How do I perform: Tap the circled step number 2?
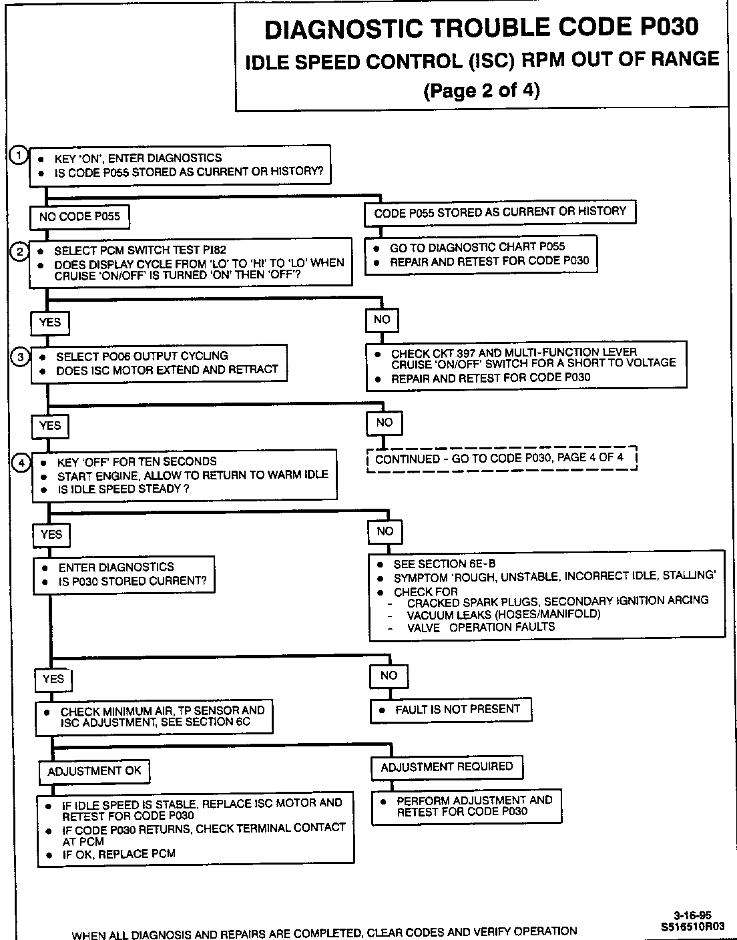coord(20,252)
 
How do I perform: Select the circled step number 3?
coord(21,357)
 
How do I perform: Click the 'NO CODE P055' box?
coord(79,216)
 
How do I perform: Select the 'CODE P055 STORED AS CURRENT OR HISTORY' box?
coord(500,212)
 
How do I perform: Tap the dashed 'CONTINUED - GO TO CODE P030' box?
coord(502,459)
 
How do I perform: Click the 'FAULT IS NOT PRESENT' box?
coord(451,710)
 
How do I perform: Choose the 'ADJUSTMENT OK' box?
coord(94,771)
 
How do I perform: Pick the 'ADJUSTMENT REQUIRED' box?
coord(447,766)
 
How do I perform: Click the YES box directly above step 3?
coord(50,322)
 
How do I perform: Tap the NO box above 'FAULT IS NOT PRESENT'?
coord(389,676)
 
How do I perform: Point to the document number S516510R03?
coord(693,927)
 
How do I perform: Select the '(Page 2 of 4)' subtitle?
coord(481,89)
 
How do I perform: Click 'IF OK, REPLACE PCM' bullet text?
coord(119,854)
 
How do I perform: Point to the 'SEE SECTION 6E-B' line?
coord(445,563)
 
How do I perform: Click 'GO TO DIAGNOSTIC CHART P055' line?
coord(477,247)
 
